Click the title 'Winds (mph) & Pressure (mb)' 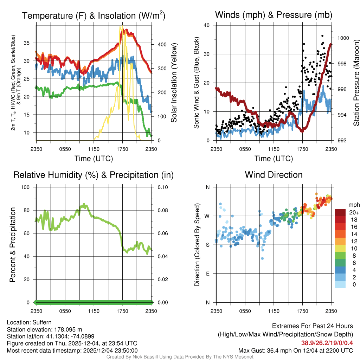274,15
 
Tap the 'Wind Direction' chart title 274,174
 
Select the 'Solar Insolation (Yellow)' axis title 174,83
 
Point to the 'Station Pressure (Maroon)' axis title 356,83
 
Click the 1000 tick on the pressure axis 343,38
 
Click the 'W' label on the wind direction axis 207,216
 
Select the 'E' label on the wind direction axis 207,274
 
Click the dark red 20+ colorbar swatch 340,212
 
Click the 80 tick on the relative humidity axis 28,210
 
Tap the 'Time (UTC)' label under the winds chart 274,159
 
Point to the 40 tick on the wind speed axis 207,25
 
